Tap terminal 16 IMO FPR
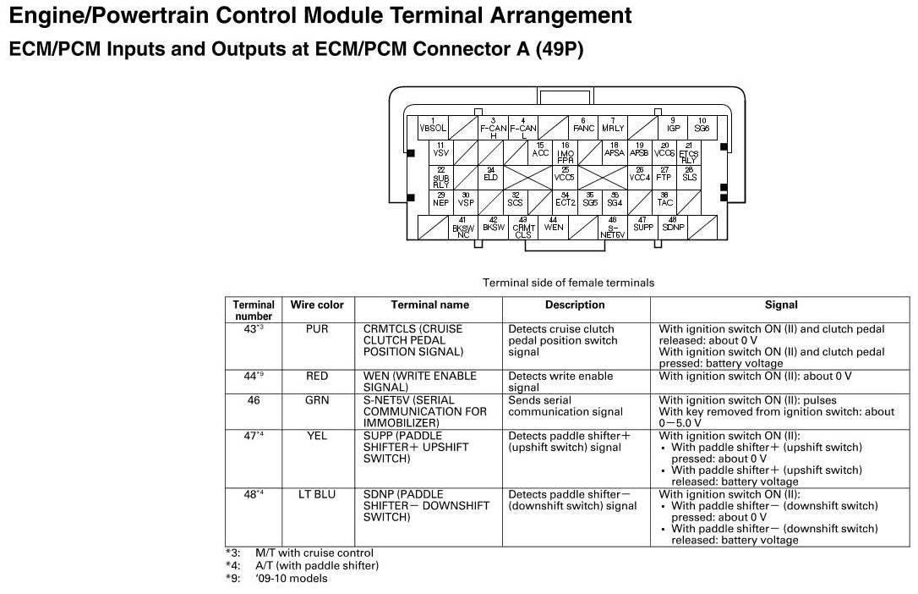click(566, 152)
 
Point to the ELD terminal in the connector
click(491, 177)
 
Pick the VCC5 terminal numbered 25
click(565, 176)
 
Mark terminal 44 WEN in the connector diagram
click(554, 226)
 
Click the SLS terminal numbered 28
click(689, 176)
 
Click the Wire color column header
click(317, 305)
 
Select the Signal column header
click(780, 305)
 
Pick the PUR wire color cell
click(317, 328)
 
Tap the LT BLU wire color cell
click(317, 494)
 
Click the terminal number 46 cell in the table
click(254, 400)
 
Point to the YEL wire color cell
click(317, 436)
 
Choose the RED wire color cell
click(317, 376)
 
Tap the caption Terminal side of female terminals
click(568, 283)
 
